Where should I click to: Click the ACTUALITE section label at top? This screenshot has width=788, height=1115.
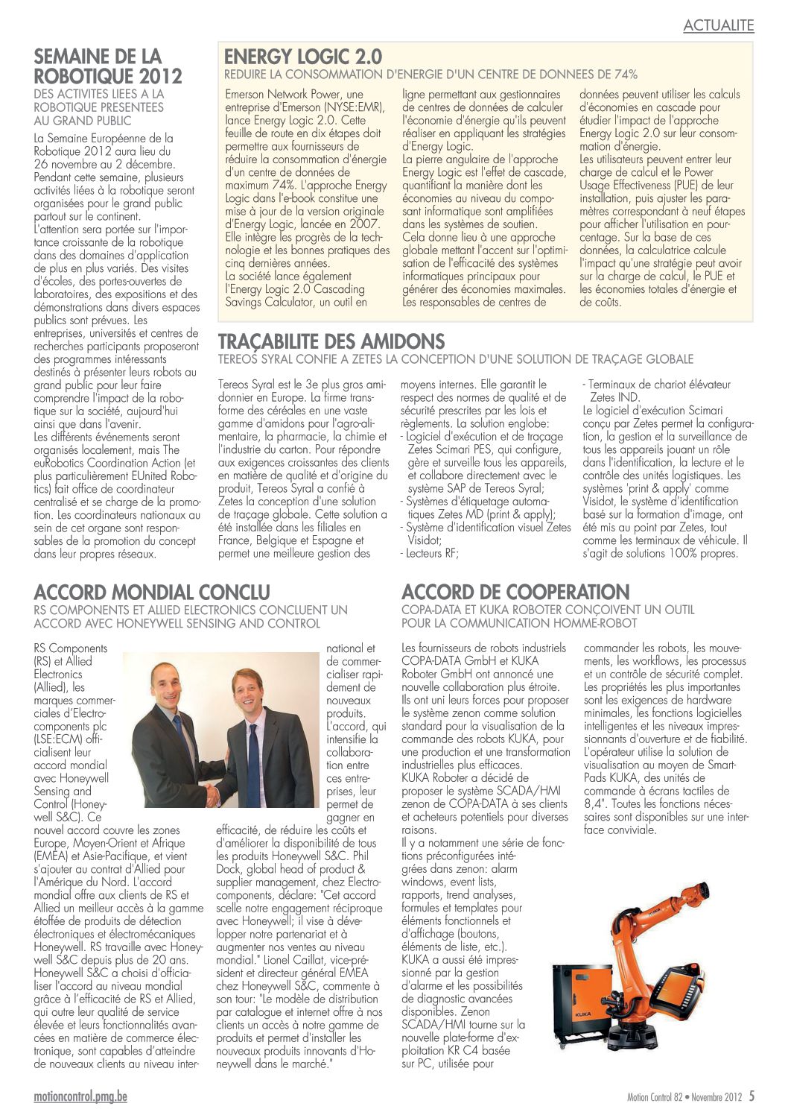tap(718, 26)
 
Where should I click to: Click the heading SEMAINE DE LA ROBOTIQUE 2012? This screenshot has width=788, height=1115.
tap(108, 66)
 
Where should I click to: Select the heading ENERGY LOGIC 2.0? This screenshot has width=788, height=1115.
tap(303, 57)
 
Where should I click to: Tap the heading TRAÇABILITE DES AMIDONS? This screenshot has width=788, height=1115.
tap(331, 342)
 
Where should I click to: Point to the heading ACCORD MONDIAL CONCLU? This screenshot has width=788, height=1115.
tap(152, 593)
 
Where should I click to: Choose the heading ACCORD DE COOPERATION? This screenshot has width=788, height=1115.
tap(515, 593)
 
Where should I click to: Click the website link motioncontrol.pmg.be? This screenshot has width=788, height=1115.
tap(80, 1096)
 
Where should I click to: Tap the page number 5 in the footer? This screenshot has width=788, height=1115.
tap(752, 1096)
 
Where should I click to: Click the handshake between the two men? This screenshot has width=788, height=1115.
tap(213, 795)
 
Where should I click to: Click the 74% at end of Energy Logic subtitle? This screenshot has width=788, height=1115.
tap(626, 75)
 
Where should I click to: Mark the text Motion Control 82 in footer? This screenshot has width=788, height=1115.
tap(654, 1097)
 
